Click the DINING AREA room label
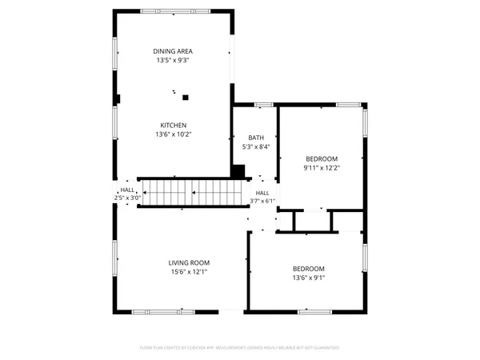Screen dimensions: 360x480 173,51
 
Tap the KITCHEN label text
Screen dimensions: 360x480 173,126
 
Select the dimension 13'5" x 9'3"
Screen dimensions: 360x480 173,60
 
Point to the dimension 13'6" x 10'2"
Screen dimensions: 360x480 173,134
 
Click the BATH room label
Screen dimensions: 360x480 255,138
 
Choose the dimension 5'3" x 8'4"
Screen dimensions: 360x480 255,146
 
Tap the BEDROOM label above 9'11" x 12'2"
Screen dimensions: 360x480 321,158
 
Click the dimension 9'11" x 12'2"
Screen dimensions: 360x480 321,167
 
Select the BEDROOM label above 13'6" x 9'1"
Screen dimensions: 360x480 308,269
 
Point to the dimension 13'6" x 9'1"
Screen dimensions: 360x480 308,278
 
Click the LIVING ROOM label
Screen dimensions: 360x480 189,263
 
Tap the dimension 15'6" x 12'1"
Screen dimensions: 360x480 189,272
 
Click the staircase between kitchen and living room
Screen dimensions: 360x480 190,192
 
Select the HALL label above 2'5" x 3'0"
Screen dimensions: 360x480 127,190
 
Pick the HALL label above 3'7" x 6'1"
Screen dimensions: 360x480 262,193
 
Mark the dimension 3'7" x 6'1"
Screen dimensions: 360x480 262,201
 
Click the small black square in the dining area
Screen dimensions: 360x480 186,98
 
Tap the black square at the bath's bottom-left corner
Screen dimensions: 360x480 238,170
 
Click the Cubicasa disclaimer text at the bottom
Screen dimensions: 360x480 240,348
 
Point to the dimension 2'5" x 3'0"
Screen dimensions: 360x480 127,198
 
